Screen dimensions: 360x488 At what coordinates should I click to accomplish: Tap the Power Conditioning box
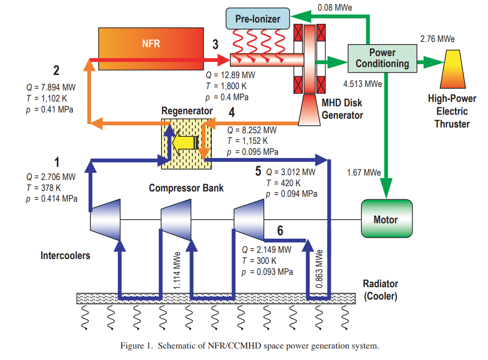pyautogui.click(x=382, y=58)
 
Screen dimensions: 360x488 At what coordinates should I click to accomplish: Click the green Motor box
pyautogui.click(x=386, y=219)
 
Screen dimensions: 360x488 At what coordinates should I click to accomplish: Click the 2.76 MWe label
pyautogui.click(x=437, y=39)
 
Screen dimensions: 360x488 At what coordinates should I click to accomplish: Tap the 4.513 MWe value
pyautogui.click(x=362, y=83)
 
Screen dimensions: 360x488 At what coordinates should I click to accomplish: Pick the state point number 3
pyautogui.click(x=215, y=45)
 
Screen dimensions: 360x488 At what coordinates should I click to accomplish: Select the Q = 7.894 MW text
pyautogui.click(x=51, y=86)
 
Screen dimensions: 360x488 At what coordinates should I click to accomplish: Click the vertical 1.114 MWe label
pyautogui.click(x=177, y=270)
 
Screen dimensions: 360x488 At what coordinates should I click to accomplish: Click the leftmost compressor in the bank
pyautogui.click(x=105, y=220)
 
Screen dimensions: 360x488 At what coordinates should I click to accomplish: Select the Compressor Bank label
pyautogui.click(x=186, y=188)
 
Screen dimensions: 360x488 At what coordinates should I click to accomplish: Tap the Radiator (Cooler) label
pyautogui.click(x=380, y=290)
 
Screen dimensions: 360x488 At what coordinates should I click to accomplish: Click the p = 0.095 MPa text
pyautogui.click(x=252, y=152)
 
